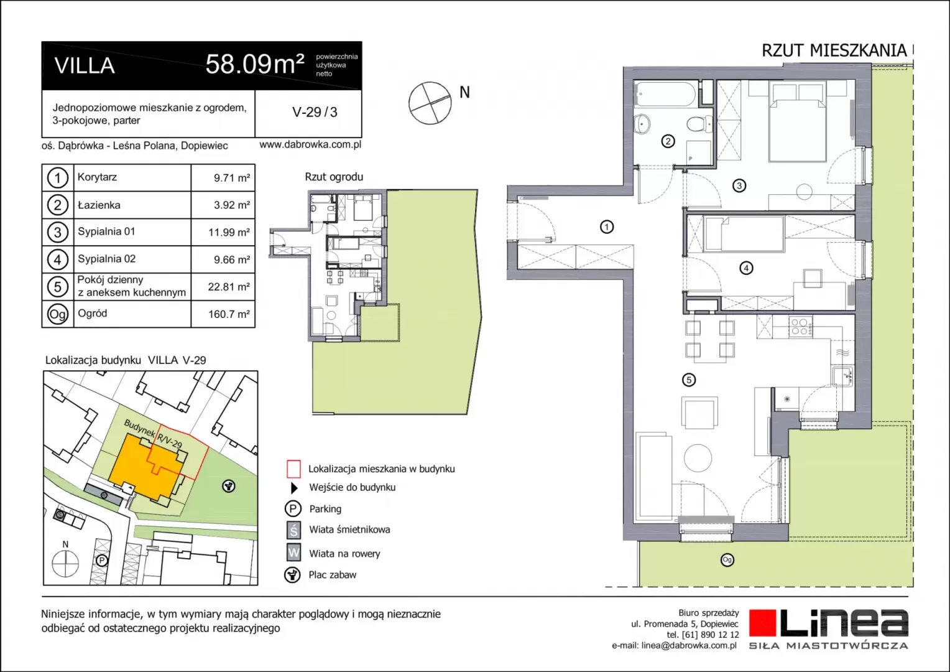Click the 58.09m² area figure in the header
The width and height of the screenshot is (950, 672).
(255, 65)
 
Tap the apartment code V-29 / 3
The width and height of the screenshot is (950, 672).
(315, 112)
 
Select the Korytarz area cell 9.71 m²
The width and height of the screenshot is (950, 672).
(231, 178)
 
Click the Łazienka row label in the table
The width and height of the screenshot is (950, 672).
(99, 205)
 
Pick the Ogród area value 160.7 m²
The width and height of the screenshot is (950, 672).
(229, 314)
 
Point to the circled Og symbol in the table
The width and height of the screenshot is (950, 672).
(58, 314)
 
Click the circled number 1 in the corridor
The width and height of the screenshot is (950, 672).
(606, 227)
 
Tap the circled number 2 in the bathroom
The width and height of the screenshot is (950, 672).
(668, 141)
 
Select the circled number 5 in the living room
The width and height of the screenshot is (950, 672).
(689, 380)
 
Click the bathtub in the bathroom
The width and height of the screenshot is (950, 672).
(665, 94)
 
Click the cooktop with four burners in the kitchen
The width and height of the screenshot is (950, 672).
(801, 327)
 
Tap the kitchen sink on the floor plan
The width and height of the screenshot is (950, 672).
(842, 376)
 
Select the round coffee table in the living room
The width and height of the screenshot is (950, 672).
(698, 458)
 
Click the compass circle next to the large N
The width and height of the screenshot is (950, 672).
(430, 103)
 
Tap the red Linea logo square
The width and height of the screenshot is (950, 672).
(763, 623)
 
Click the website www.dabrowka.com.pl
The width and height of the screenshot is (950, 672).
(310, 145)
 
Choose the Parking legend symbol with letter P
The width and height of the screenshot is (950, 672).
(293, 508)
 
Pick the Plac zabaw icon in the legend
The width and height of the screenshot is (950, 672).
(292, 575)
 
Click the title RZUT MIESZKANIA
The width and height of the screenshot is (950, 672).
(834, 50)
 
